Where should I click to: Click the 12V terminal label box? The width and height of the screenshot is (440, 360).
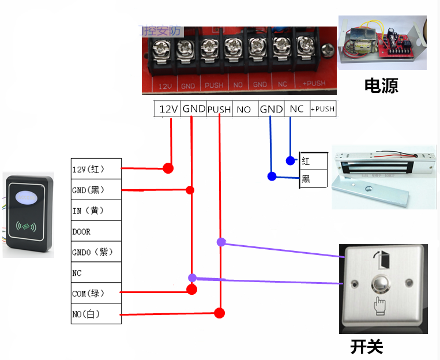(x=168, y=109)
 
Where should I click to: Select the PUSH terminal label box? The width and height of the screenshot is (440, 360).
(x=219, y=109)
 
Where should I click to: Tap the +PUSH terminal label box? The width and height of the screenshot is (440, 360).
(x=322, y=109)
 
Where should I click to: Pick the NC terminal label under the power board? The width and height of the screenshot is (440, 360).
(x=296, y=109)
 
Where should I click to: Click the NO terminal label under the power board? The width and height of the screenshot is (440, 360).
(x=244, y=109)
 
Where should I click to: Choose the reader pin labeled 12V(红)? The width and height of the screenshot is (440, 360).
(x=96, y=169)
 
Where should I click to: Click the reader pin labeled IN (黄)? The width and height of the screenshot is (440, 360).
(x=96, y=211)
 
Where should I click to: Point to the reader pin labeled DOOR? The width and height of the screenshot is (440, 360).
(x=96, y=231)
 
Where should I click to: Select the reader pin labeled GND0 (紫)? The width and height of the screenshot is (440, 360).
(x=96, y=252)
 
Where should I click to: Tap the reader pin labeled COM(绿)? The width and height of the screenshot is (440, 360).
(x=96, y=293)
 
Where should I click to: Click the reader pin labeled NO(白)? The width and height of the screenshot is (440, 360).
(x=96, y=314)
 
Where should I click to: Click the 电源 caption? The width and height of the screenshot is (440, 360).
(x=381, y=86)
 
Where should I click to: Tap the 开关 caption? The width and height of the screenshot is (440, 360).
(x=367, y=346)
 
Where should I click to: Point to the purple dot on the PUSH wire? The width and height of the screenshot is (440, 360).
(x=221, y=242)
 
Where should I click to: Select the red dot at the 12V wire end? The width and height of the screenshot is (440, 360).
(x=168, y=168)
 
